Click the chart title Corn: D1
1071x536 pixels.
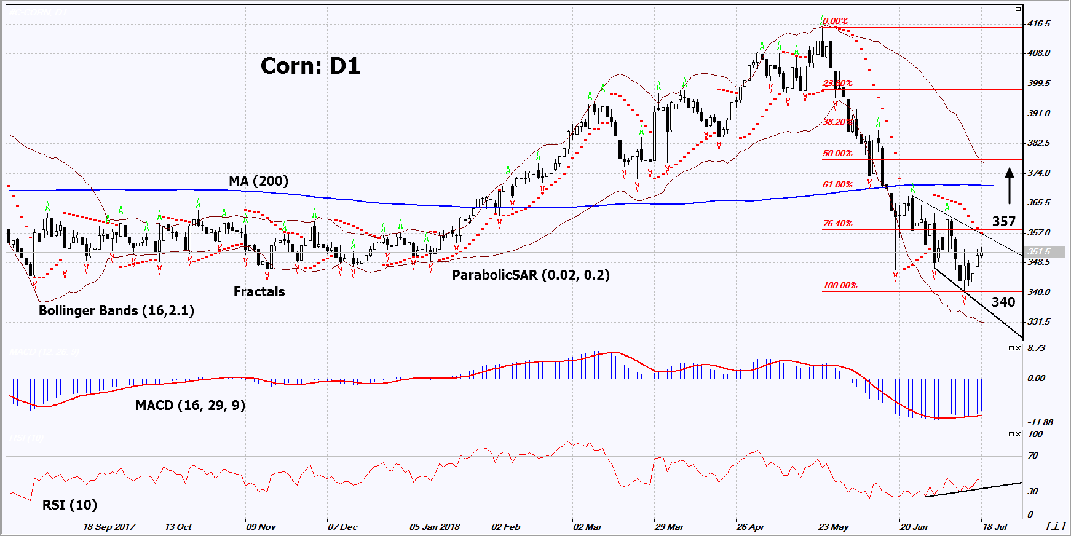(310, 66)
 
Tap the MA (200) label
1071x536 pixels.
(258, 181)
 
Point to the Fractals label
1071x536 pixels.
(259, 291)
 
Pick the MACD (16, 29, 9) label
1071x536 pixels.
(190, 405)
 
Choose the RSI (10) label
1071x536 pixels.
(69, 505)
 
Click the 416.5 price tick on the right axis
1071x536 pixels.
(1038, 23)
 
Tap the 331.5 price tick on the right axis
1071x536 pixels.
(1038, 321)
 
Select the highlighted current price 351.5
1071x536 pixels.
(1039, 251)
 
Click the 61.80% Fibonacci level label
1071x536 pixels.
(837, 184)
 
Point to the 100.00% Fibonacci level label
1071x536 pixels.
(840, 285)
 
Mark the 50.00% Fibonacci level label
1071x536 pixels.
(837, 153)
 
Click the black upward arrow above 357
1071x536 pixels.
(1009, 184)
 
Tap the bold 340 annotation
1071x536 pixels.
(1003, 302)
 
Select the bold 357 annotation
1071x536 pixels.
(1003, 221)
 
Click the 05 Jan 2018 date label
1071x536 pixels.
(435, 527)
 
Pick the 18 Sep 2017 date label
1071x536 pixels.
(109, 527)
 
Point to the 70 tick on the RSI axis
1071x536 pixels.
(1033, 455)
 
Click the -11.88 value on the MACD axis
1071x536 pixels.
(1040, 422)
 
